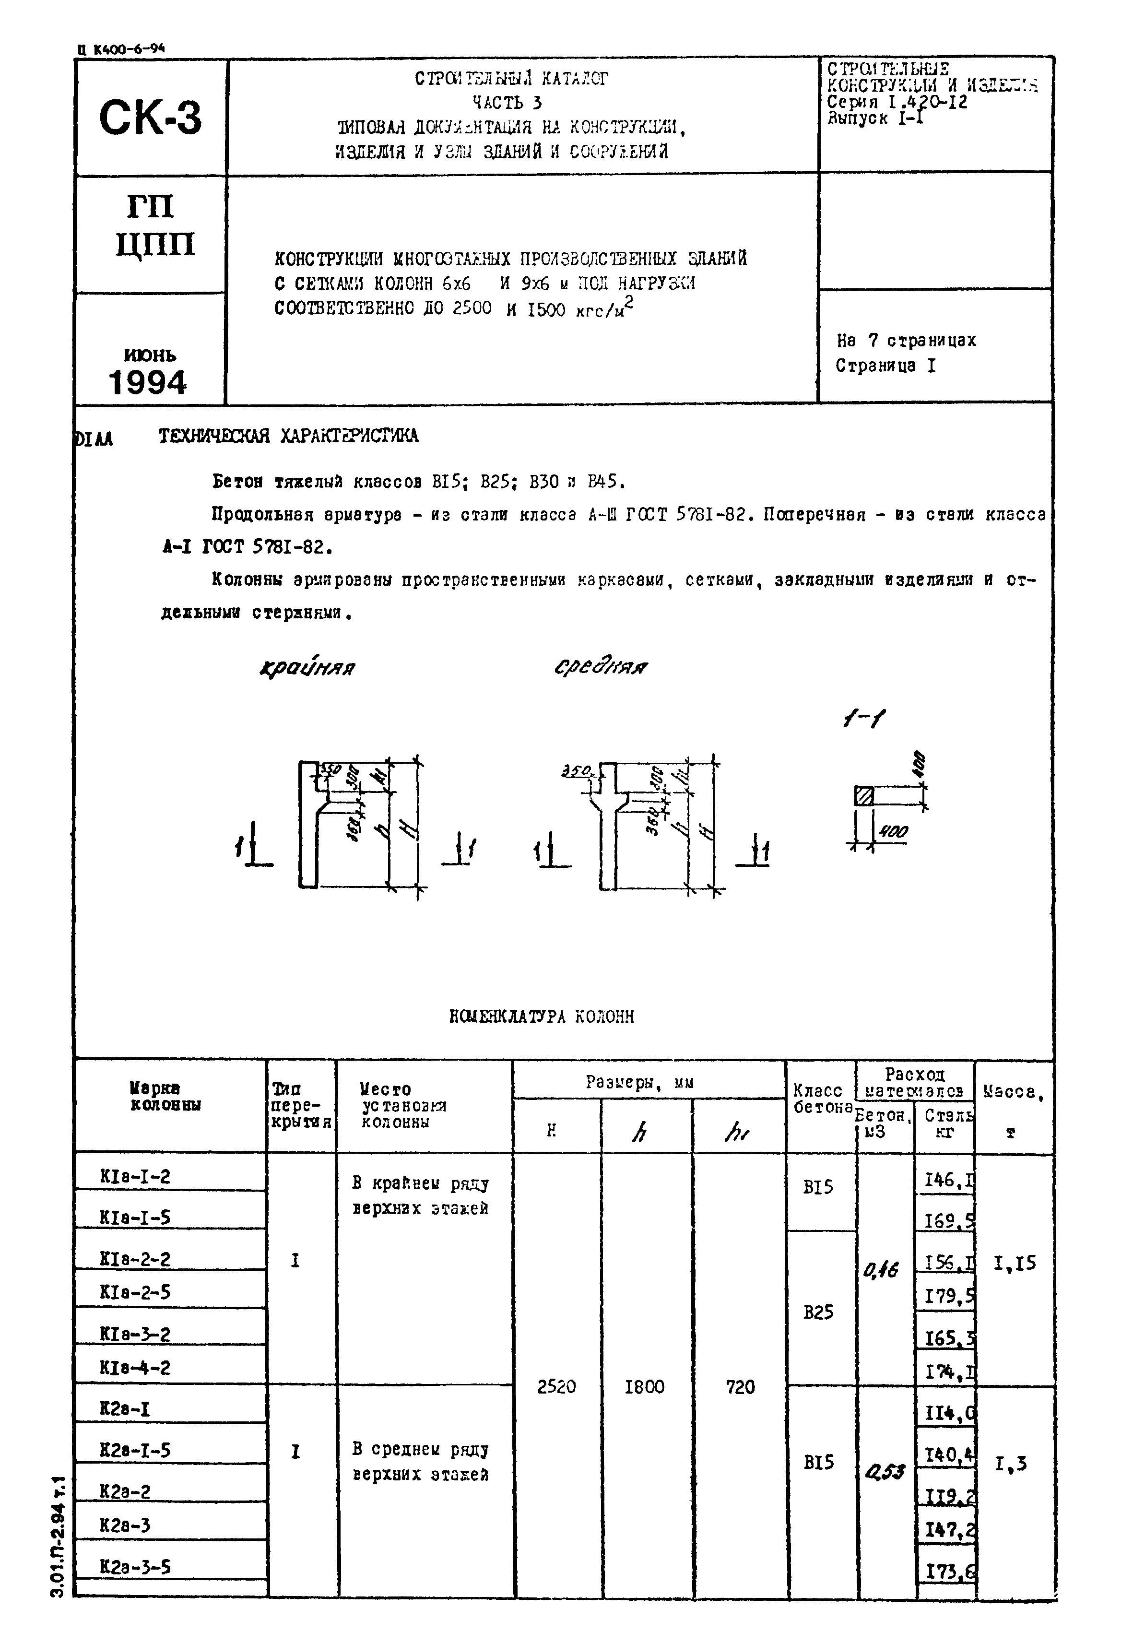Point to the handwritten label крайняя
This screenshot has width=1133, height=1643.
pos(307,667)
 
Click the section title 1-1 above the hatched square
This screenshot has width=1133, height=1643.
pos(863,720)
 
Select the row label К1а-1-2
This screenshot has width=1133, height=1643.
pos(135,1177)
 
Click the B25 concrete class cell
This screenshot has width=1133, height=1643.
pos(818,1312)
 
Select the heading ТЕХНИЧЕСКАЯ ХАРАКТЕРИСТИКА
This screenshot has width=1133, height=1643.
pos(288,436)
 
